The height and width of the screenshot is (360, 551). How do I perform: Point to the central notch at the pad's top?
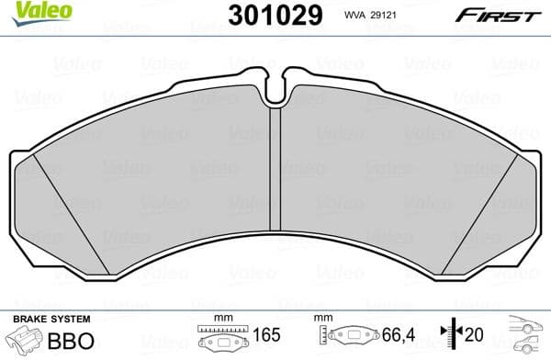(275, 88)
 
